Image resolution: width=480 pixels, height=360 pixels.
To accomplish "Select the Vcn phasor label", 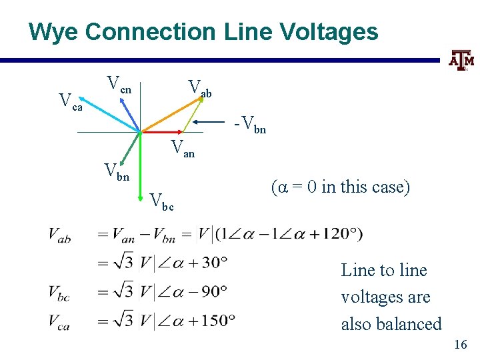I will (x=120, y=85).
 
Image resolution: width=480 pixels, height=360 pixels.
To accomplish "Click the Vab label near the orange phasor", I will (x=199, y=88).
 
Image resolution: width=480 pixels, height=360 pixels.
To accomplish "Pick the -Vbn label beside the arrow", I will (x=250, y=125).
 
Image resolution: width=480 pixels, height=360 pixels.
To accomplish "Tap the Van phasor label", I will (x=182, y=149).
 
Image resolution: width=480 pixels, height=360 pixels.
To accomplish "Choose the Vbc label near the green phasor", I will (x=161, y=201).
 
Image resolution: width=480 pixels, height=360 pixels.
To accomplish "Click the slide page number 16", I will (x=460, y=345).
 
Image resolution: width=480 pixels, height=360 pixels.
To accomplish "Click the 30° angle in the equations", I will (x=215, y=262).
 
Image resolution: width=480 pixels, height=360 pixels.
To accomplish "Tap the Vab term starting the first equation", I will (x=59, y=234).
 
